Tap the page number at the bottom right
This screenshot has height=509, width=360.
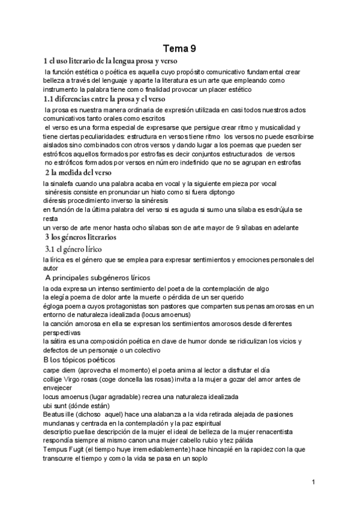coord(313,481)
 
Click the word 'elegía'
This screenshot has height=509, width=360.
coord(62,297)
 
